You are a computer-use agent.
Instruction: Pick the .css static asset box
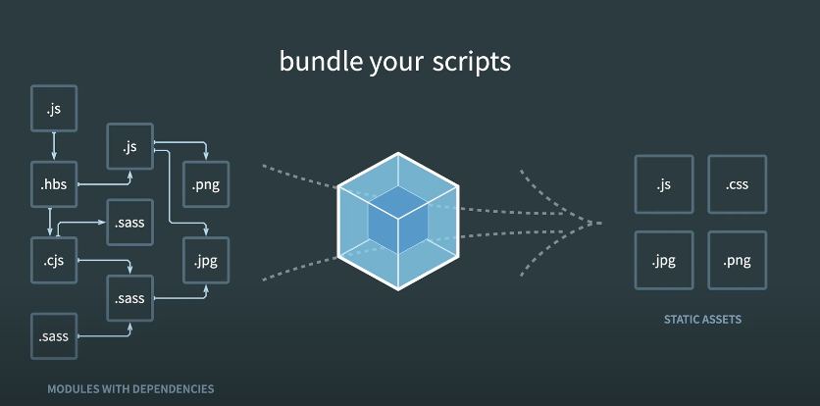[737, 184]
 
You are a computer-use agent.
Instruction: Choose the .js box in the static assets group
[663, 184]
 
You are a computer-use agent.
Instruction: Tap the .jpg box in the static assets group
[663, 260]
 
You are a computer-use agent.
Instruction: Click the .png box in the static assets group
[737, 260]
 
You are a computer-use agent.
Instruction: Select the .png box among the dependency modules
[205, 184]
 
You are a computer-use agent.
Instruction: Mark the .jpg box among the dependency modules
[205, 260]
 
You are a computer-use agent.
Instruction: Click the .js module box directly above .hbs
[53, 109]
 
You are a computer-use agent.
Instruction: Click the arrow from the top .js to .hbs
[53, 146]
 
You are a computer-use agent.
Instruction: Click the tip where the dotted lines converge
[600, 223]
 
